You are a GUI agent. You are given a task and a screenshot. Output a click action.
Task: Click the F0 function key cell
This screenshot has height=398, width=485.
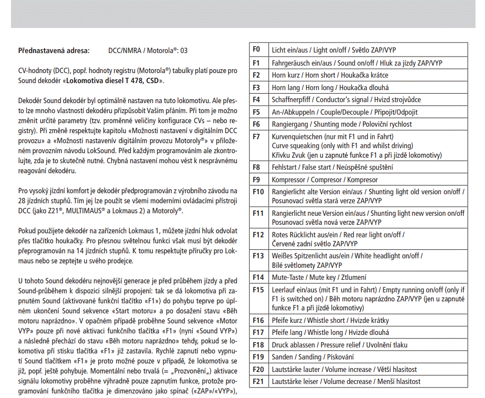coord(257,50)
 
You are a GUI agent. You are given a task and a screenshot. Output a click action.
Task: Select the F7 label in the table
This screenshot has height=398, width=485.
coord(257,136)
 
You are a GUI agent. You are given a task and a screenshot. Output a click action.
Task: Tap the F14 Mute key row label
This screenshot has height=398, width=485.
coord(258,277)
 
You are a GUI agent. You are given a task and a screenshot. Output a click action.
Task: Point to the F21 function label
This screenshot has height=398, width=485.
coord(258,381)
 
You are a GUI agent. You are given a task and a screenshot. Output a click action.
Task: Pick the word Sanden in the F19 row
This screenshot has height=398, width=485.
coord(283,357)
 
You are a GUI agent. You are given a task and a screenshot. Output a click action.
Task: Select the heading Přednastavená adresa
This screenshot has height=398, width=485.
coord(54,51)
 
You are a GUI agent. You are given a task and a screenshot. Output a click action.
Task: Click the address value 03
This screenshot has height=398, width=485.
coord(184,51)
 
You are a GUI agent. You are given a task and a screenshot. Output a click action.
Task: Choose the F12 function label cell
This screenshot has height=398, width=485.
coord(258,234)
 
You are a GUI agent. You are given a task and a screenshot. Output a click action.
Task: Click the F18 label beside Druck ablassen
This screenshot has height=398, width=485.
coord(258,345)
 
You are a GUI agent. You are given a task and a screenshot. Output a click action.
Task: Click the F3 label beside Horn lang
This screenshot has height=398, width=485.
coord(257,87)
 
